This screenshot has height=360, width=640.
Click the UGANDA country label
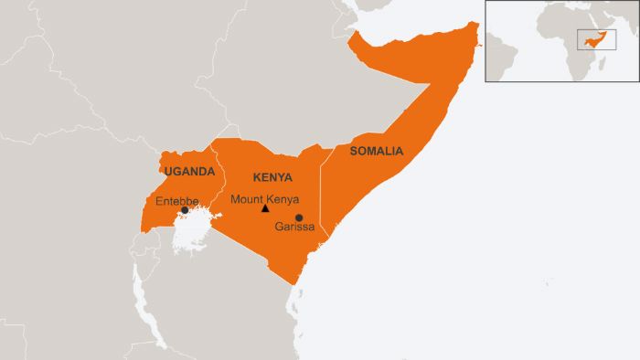point(189,171)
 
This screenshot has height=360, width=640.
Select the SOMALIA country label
point(377,151)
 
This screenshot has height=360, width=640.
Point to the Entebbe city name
point(176,200)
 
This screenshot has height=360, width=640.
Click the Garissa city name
point(294,228)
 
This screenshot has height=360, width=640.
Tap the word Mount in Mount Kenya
point(245,198)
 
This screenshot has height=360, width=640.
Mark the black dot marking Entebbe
point(185,210)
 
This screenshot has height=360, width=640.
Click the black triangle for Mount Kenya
point(265,208)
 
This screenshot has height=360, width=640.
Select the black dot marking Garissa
point(299,217)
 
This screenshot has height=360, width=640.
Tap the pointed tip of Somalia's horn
point(476,26)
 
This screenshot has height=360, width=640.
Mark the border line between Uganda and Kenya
point(217,183)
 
